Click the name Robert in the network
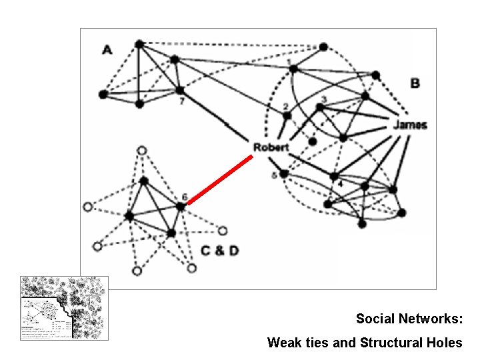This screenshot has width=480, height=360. [271, 147]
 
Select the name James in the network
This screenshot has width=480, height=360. [409, 125]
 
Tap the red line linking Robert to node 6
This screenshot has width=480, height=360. [219, 179]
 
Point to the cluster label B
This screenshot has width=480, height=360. [415, 83]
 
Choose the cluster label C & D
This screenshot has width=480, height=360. [220, 251]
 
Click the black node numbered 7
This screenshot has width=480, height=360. [179, 90]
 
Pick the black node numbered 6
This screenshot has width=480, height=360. [181, 207]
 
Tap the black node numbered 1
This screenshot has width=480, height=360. [293, 69]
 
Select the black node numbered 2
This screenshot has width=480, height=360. [287, 115]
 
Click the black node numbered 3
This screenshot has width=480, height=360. [321, 107]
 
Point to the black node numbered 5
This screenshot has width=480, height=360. [284, 173]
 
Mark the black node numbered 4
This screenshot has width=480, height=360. [334, 177]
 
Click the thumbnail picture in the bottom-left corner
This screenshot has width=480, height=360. [64, 309]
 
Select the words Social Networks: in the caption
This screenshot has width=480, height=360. [409, 319]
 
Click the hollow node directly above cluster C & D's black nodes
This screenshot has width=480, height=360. [141, 150]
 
